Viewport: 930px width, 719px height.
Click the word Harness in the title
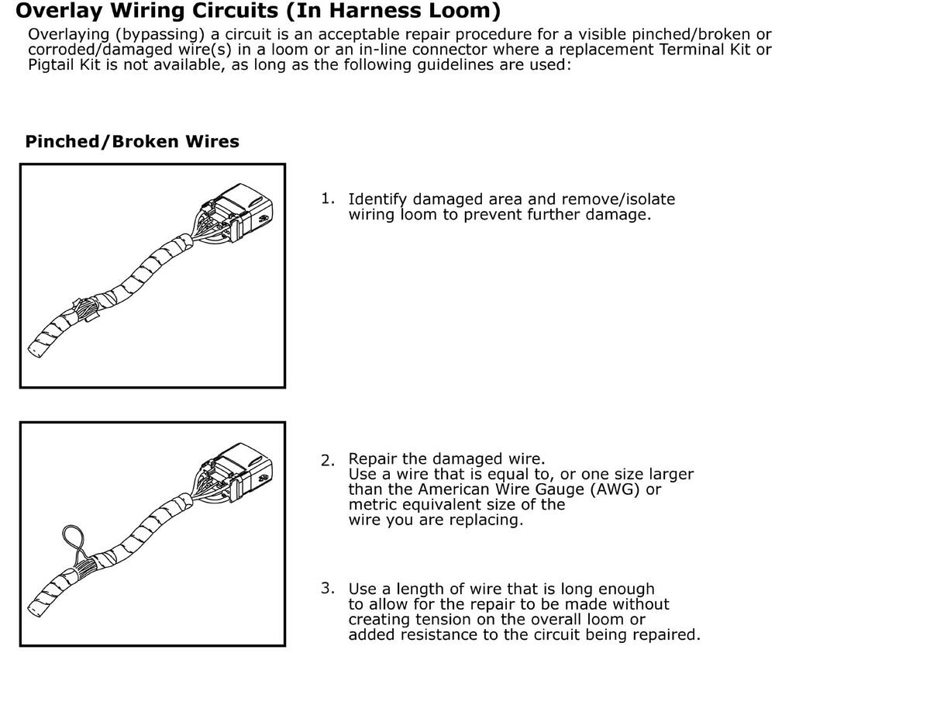[x=375, y=11]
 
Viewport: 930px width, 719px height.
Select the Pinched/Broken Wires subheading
[x=132, y=141]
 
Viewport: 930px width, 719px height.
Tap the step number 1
[x=328, y=199]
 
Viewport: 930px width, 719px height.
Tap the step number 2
[x=328, y=460]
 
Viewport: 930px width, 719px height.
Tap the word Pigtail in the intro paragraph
[x=53, y=64]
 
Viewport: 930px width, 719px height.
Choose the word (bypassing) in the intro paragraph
[x=154, y=35]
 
